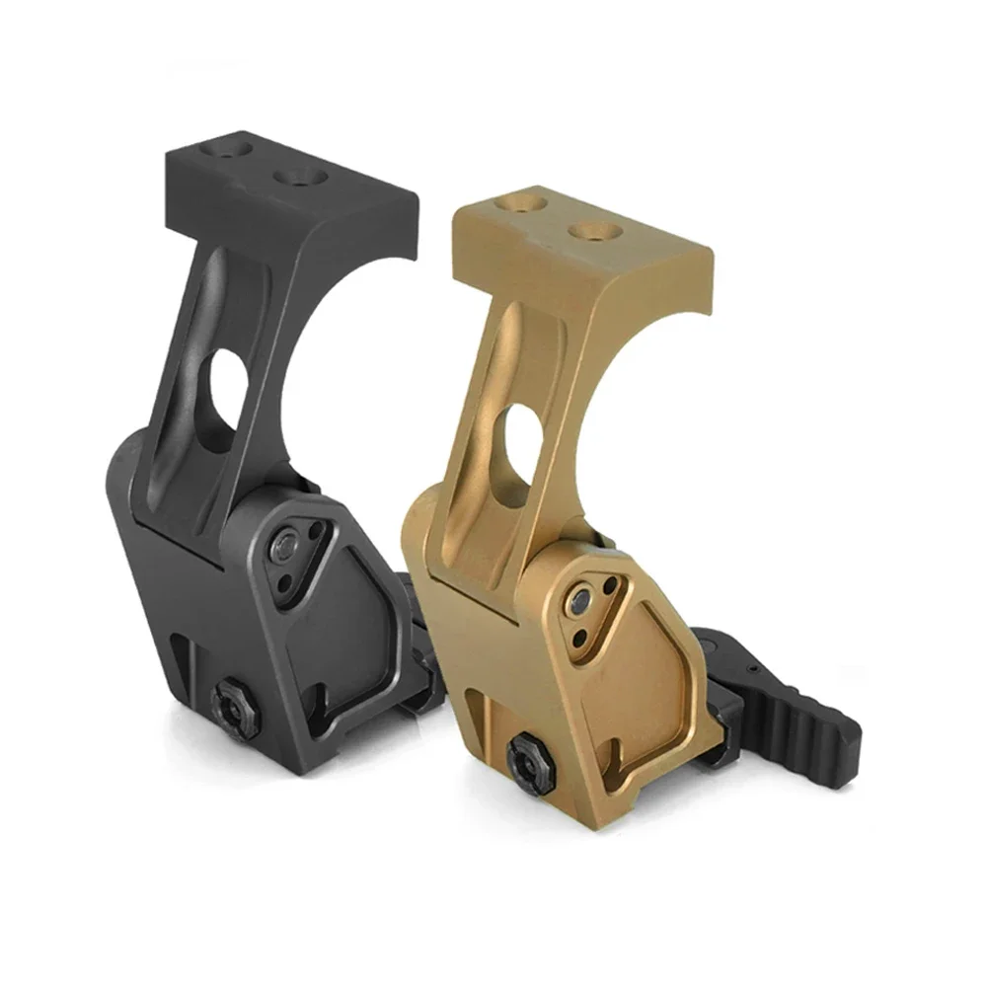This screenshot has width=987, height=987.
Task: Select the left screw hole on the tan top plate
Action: click(x=523, y=203)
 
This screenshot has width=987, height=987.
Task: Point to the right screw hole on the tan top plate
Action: click(x=596, y=232)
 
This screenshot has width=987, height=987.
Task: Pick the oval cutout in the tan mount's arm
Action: click(x=517, y=446)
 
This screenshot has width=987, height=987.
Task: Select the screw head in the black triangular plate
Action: click(x=287, y=542)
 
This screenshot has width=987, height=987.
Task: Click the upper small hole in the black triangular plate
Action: click(x=316, y=533)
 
